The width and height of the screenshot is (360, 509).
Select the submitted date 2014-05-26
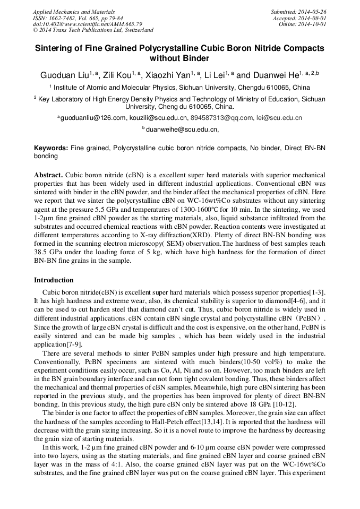(x=315, y=12)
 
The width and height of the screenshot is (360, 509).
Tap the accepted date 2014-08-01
(x=315, y=18)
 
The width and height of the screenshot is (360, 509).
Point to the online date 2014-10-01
(x=315, y=24)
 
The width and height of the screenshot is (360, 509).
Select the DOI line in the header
(x=88, y=24)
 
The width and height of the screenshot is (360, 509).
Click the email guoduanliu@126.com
(x=92, y=118)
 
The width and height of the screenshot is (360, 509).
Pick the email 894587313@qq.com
(x=221, y=118)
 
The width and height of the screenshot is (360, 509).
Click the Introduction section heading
(x=54, y=280)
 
